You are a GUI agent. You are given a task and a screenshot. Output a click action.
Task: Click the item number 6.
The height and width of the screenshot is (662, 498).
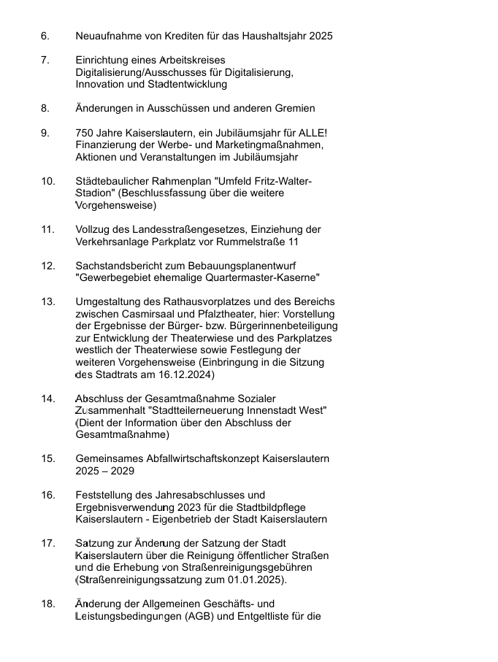(45, 36)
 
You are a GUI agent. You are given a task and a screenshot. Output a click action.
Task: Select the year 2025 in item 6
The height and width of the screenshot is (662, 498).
(321, 36)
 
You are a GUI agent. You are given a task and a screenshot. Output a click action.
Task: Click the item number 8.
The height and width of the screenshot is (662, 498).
(45, 108)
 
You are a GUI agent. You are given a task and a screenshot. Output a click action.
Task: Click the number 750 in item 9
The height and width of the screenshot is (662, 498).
(85, 132)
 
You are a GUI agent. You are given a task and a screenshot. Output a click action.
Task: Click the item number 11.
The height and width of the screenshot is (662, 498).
(47, 229)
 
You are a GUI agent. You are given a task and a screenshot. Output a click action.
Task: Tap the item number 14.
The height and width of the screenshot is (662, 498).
(48, 399)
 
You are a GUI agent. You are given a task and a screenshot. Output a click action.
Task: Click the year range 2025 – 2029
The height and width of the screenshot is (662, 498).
(100, 471)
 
